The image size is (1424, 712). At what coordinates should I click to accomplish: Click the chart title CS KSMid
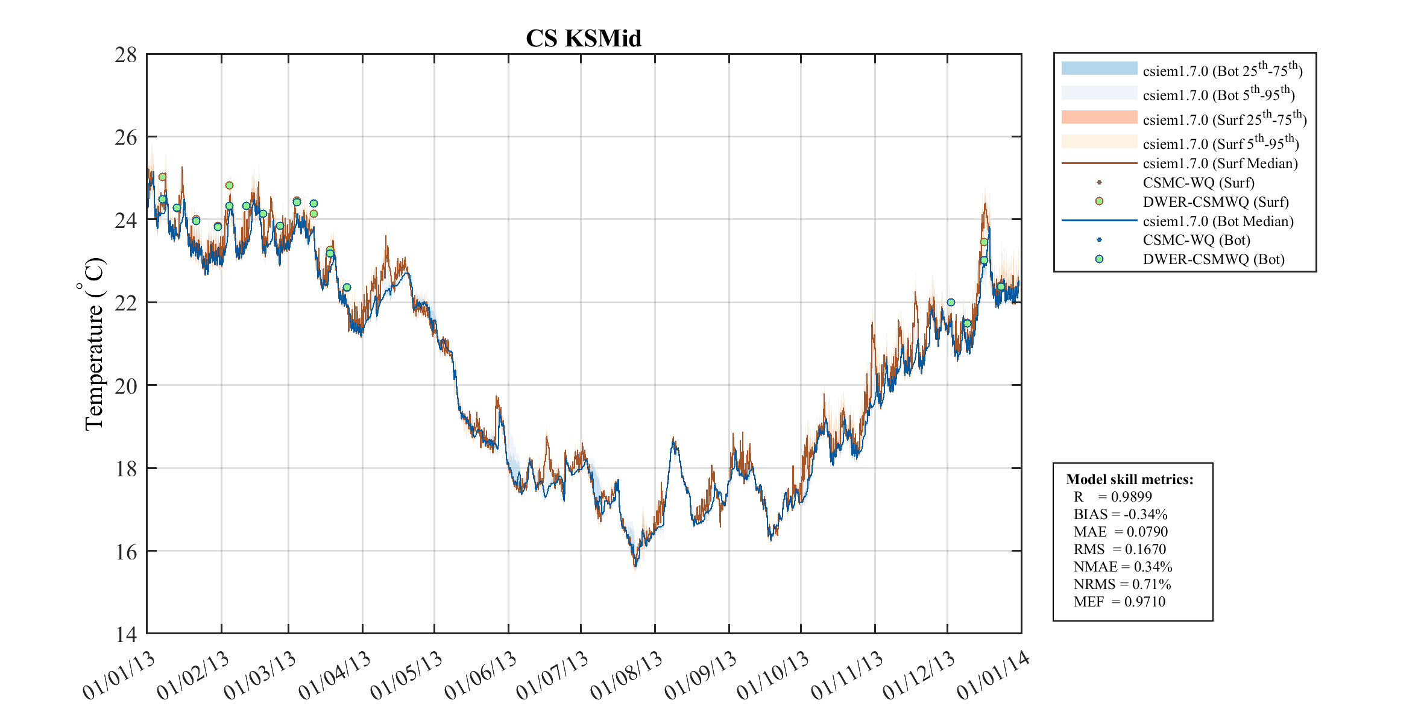pos(583,39)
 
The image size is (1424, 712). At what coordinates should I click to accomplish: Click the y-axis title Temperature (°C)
pos(93,344)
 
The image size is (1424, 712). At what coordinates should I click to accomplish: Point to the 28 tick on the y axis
pos(126,55)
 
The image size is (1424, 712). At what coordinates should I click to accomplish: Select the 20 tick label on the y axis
pos(126,385)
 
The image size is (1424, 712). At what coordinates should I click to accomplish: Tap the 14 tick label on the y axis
pos(126,634)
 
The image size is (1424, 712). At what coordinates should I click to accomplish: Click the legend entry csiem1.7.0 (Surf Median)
pos(1220,163)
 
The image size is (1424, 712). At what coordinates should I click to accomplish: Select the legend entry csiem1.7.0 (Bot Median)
pos(1218,221)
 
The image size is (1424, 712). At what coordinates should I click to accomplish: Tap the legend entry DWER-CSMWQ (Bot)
pos(1213,259)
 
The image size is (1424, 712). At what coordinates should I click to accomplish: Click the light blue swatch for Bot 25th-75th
pos(1099,68)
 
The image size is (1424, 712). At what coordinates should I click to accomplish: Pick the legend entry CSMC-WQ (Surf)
pos(1198,183)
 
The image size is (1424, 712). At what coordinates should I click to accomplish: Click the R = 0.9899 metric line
pos(1112,497)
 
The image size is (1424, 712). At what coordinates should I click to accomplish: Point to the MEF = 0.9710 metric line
pos(1119,602)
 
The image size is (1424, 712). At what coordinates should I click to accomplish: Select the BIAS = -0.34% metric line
pos(1120,514)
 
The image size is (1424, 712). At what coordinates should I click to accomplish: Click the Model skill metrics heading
pos(1129,479)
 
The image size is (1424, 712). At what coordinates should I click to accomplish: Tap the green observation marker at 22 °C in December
pos(951,303)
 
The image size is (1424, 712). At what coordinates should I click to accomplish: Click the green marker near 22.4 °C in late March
pos(347,288)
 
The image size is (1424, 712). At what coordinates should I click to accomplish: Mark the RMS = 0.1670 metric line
pos(1120,549)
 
